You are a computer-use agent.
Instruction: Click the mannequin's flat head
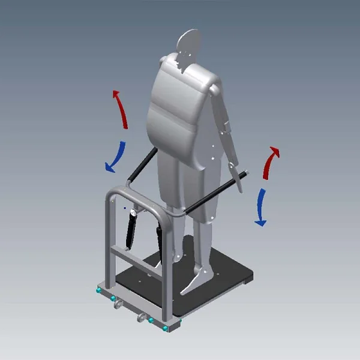coord(189,43)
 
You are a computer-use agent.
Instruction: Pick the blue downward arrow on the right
coord(260,207)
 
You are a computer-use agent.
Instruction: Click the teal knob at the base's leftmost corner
coord(97,290)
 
